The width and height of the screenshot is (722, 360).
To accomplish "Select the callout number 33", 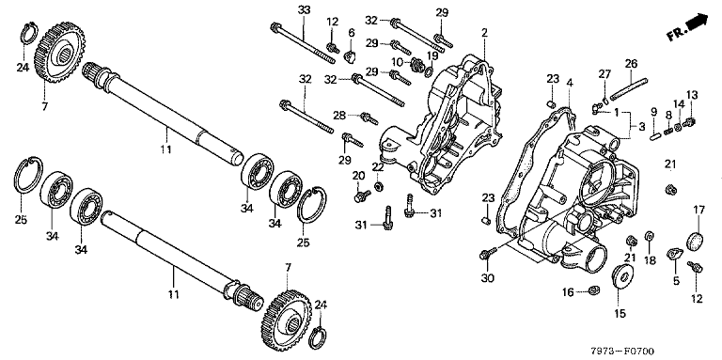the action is pyautogui.click(x=305, y=9).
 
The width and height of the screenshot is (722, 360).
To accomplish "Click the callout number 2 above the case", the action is pyautogui.click(x=484, y=32).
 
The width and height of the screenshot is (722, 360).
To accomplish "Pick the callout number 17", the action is pyautogui.click(x=699, y=210).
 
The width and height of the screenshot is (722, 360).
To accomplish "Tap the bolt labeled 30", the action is pyautogui.click(x=488, y=253).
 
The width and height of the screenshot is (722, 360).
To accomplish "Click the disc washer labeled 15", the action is pyautogui.click(x=623, y=277).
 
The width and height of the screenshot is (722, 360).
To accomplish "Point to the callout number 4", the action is pyautogui.click(x=570, y=84).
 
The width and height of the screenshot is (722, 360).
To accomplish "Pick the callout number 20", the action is pyautogui.click(x=359, y=176).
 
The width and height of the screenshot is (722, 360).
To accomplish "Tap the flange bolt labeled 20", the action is pyautogui.click(x=362, y=196).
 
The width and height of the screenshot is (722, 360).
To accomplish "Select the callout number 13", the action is pyautogui.click(x=692, y=95).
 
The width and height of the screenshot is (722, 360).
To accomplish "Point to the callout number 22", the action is pyautogui.click(x=378, y=167).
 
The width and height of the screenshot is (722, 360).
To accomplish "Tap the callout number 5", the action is pyautogui.click(x=677, y=280).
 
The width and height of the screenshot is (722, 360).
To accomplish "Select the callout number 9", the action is pyautogui.click(x=653, y=112).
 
